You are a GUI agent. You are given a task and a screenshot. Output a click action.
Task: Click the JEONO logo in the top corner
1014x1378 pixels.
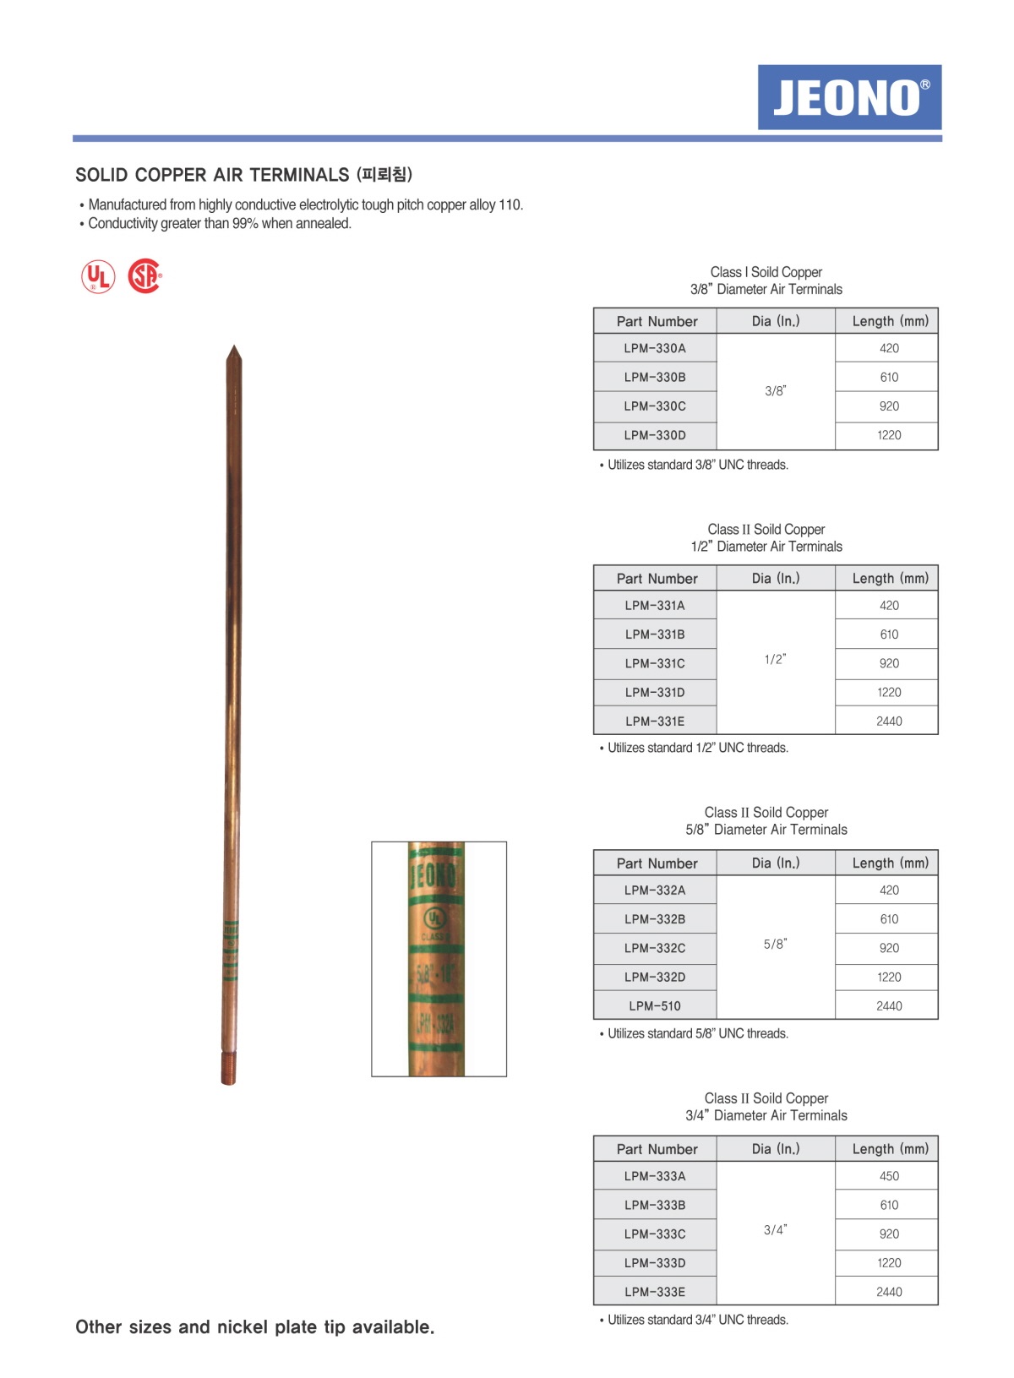coord(849,97)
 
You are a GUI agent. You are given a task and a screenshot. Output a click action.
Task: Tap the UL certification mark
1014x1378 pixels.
coord(98,277)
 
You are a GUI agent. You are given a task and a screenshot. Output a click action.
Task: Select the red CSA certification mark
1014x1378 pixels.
coord(144,276)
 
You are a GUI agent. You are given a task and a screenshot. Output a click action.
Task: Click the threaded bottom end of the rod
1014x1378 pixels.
coord(228,1068)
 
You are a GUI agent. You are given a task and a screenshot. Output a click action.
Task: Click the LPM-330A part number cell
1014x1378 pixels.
coord(655,348)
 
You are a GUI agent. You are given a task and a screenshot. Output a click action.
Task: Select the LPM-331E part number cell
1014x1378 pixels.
coord(655,721)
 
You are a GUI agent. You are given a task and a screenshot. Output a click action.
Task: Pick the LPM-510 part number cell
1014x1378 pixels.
coord(655,1005)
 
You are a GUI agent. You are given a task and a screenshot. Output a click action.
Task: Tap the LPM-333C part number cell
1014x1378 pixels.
coord(655,1234)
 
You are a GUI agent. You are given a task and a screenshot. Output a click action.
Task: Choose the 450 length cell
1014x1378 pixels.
coord(889,1176)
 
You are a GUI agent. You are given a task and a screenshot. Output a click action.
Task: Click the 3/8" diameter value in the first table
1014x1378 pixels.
coord(775,391)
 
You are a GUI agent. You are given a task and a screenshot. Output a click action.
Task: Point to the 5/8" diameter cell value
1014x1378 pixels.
coord(775,944)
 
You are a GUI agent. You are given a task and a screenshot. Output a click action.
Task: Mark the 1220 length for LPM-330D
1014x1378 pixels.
coord(889,435)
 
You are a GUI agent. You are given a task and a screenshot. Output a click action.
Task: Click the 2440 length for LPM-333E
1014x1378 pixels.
coord(889,1292)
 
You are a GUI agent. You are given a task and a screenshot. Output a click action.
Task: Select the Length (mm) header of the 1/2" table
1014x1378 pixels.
coord(890,579)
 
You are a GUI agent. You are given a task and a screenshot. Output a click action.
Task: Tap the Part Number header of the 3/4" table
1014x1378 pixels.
coord(657,1149)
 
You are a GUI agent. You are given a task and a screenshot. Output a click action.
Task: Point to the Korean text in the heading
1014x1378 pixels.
coord(384,175)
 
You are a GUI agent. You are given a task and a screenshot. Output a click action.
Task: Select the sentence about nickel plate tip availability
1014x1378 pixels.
coord(255,1326)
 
